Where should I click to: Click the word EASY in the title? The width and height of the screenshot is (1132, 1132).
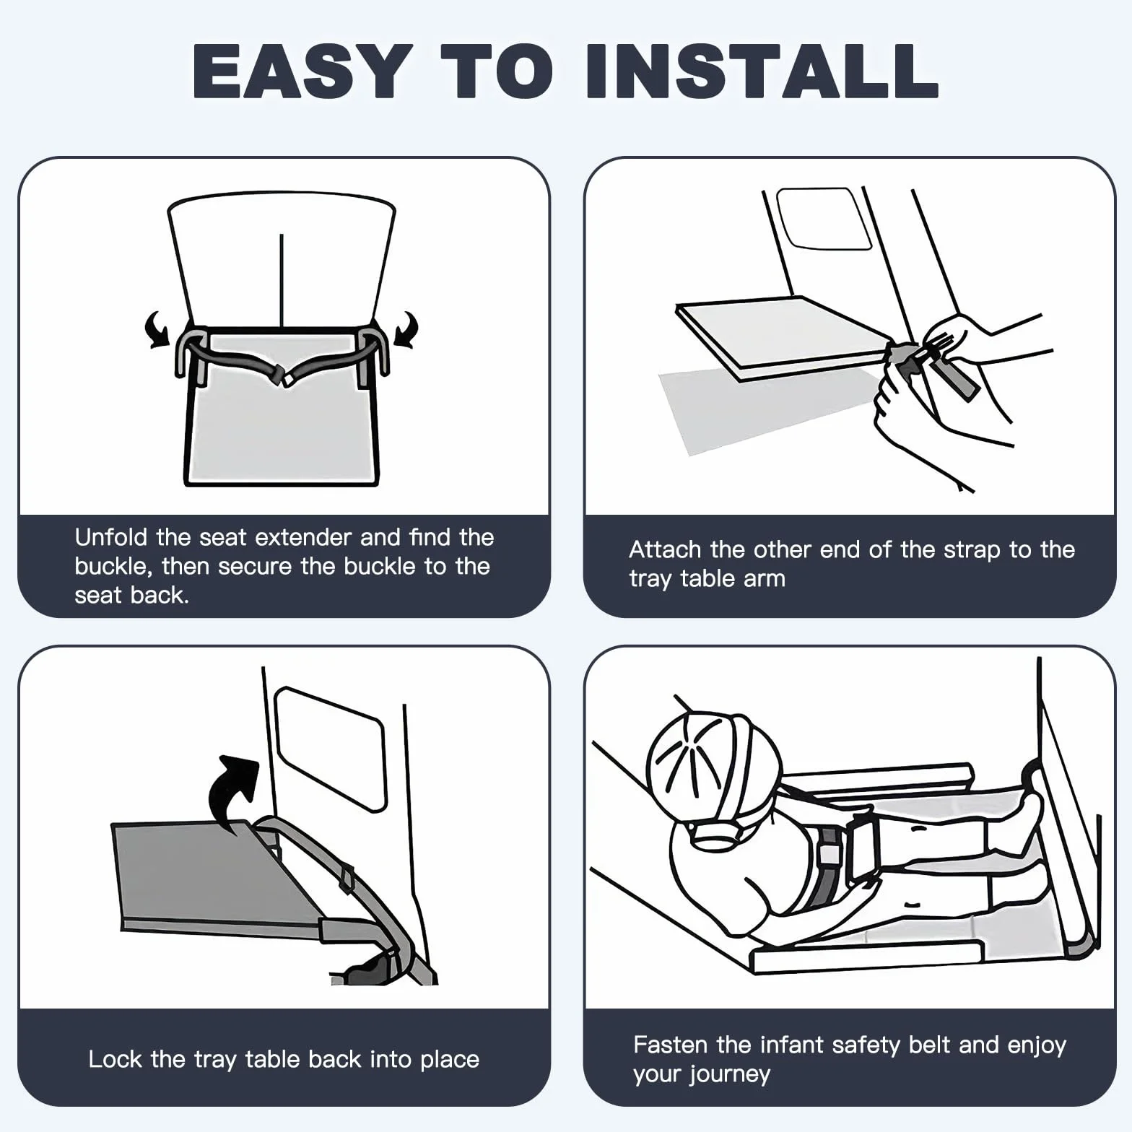point(302,72)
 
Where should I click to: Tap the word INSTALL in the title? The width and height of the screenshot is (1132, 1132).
point(761,72)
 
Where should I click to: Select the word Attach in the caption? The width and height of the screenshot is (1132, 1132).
point(665,549)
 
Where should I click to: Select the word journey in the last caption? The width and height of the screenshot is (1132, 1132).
point(730,1075)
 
